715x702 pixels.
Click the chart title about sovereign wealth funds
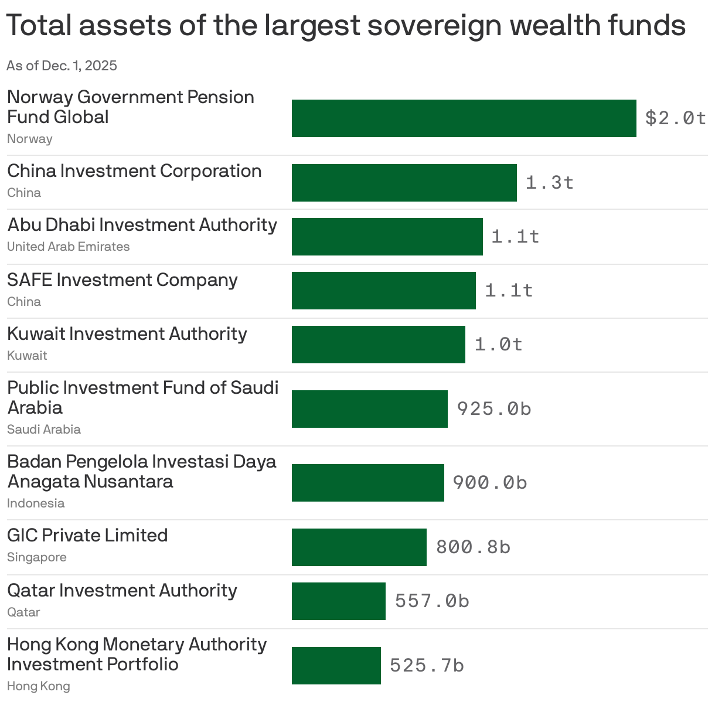click(346, 26)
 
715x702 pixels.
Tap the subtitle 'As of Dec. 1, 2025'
click(62, 66)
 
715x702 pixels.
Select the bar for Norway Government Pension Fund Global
click(464, 118)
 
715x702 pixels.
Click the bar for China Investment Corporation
click(404, 183)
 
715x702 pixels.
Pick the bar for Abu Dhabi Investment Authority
click(387, 237)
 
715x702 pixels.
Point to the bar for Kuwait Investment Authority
click(378, 345)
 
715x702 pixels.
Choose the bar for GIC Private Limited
click(359, 547)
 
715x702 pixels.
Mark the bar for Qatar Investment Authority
click(338, 601)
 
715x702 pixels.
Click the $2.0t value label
click(675, 118)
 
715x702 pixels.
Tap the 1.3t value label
click(549, 183)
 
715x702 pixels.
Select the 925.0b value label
click(493, 408)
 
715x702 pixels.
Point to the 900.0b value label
click(489, 482)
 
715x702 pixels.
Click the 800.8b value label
click(473, 547)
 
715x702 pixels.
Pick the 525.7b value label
click(427, 666)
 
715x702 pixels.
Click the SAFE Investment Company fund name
click(122, 280)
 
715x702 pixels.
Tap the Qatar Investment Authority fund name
click(122, 591)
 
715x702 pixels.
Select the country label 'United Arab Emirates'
click(68, 247)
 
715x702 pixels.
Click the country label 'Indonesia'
click(36, 503)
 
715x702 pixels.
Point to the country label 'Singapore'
click(36, 557)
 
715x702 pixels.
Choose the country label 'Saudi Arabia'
click(44, 430)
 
